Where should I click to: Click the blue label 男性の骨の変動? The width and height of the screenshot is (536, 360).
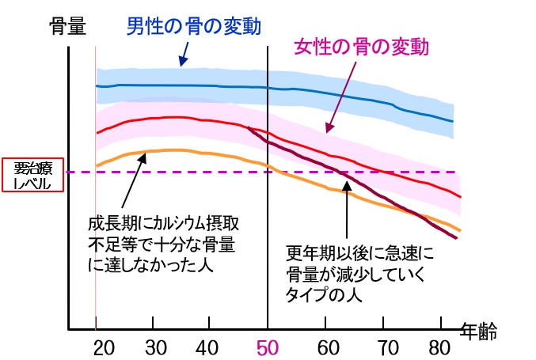coord(194,27)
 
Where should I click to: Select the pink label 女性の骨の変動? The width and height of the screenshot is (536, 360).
coord(361,47)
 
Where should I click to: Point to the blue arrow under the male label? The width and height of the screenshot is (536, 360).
coord(184,54)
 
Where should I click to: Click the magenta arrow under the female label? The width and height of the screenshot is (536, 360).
coord(340,100)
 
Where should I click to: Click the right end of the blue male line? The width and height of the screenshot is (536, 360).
coord(453,121)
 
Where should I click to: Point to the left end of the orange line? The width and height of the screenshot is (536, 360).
coord(97,165)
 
